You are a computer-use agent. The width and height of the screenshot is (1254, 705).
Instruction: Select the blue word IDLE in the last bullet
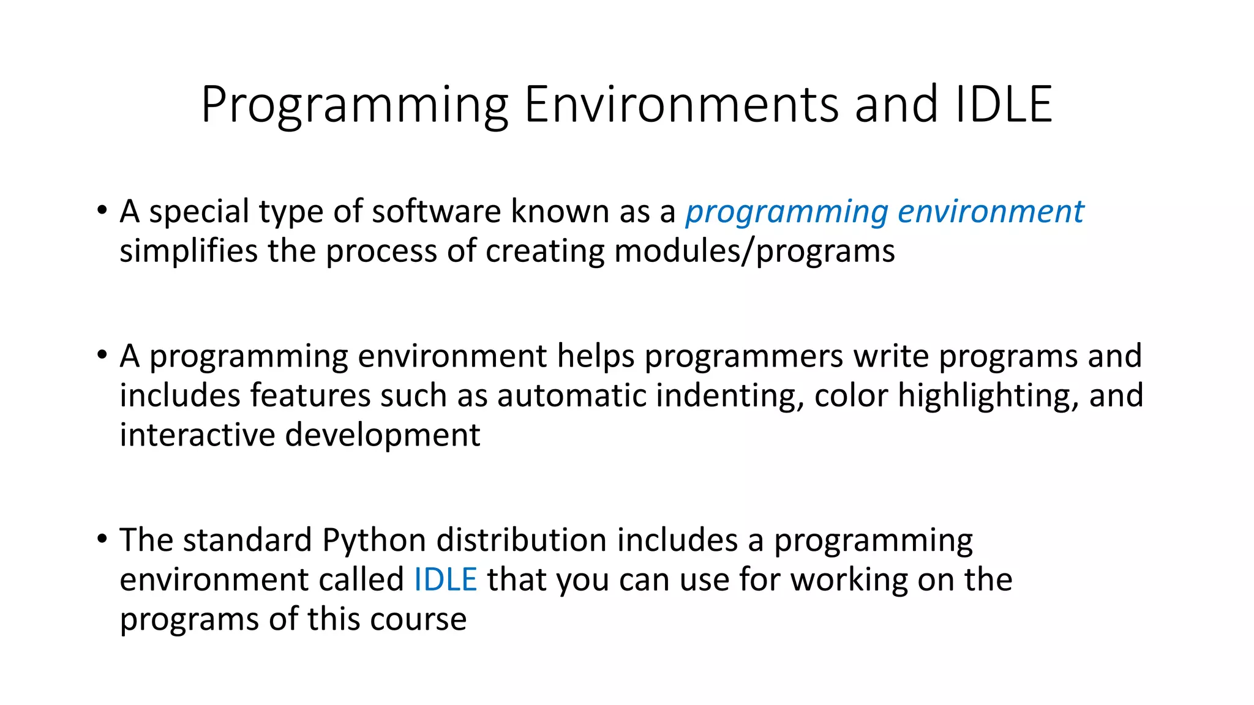coord(445,579)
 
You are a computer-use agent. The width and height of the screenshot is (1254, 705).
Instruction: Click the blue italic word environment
coord(990,212)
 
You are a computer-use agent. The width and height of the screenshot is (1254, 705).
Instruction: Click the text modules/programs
coord(754,252)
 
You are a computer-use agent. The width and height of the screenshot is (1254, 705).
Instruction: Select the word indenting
coord(729,395)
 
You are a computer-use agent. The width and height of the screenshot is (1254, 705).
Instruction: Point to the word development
coord(383,435)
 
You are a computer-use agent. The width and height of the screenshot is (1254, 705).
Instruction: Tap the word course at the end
coord(418,619)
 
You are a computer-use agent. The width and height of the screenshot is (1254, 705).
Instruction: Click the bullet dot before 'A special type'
coord(102,211)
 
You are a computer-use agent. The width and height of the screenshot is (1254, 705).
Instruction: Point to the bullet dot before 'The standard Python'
coord(102,539)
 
